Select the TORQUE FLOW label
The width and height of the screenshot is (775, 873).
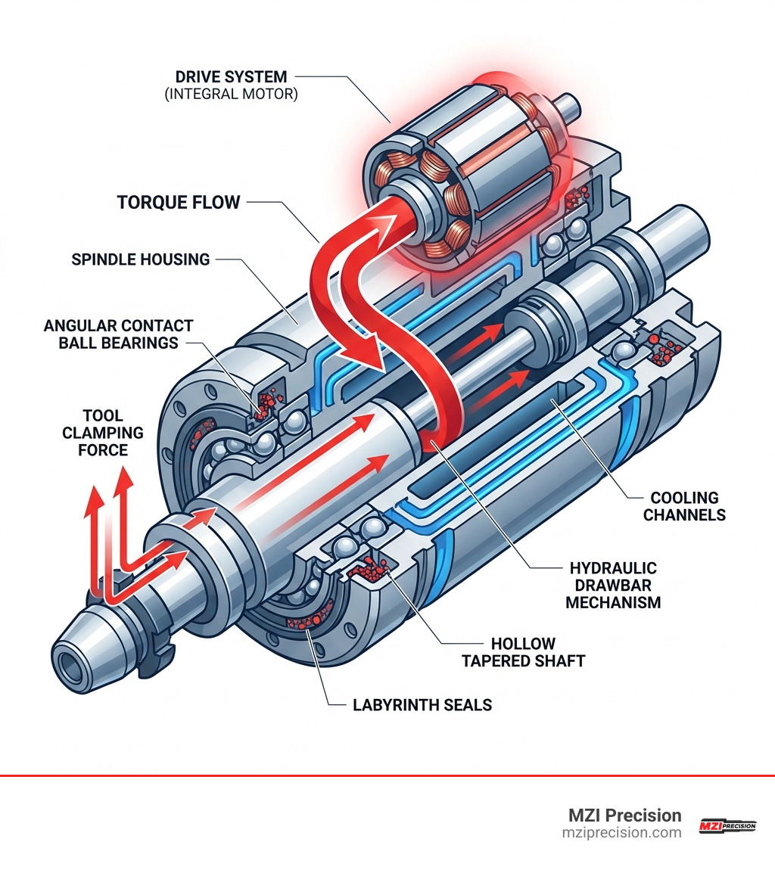179,202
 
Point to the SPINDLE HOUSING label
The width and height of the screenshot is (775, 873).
140,259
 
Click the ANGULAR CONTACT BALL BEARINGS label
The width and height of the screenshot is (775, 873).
118,334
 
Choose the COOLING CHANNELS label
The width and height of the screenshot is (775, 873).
684,506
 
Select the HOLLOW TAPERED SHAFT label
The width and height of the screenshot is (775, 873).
534,652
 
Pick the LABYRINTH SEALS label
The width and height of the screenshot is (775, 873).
422,705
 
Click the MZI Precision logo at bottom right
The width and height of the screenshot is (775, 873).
727,825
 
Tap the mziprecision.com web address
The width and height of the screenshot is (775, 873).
621,833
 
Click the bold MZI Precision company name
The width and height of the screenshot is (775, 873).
624,816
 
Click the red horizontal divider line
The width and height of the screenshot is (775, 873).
387,775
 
